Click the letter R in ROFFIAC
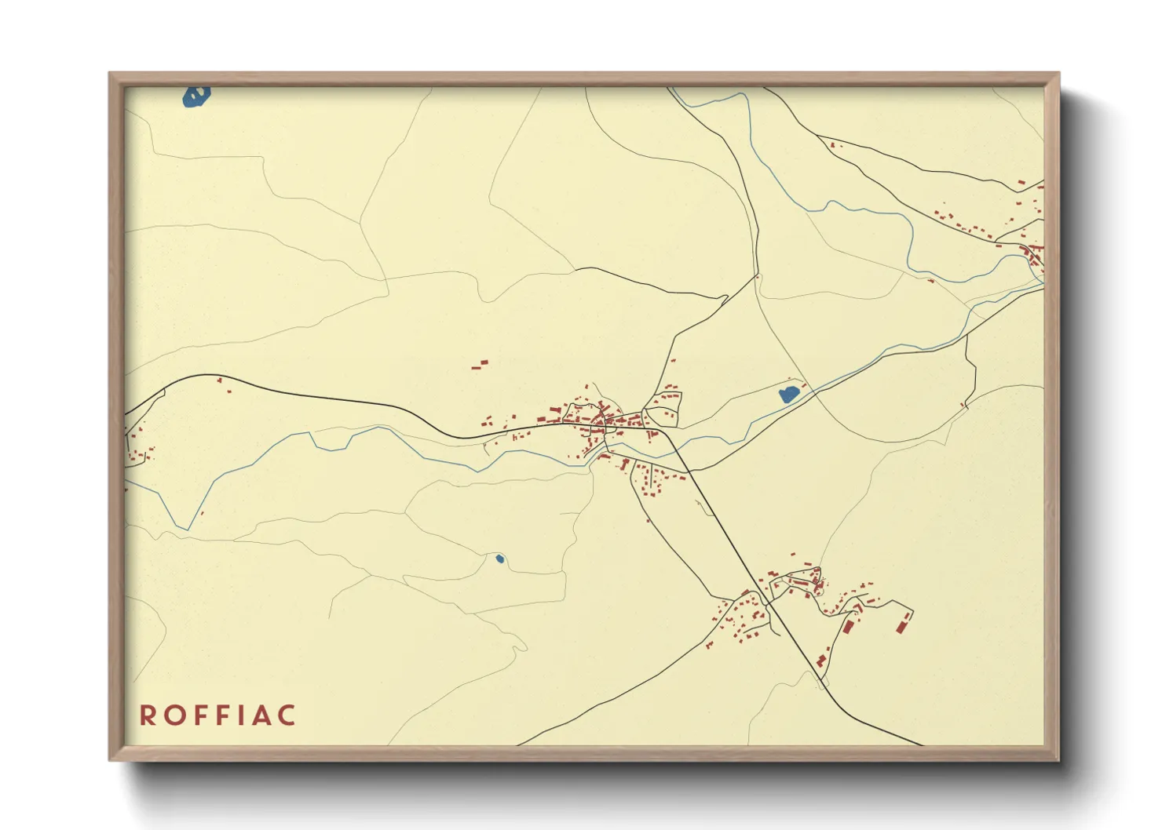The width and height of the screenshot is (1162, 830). coord(147,715)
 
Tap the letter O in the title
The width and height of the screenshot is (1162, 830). coord(173,715)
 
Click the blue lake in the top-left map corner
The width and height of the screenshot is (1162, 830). coord(195,96)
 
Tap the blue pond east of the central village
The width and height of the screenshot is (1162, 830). coord(789,394)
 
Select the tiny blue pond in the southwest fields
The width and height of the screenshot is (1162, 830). coord(499,559)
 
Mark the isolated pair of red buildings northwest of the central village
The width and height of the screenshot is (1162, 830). coord(480,364)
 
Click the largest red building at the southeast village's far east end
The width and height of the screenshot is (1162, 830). coord(902,624)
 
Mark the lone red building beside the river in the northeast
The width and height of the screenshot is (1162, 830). coord(931,280)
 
